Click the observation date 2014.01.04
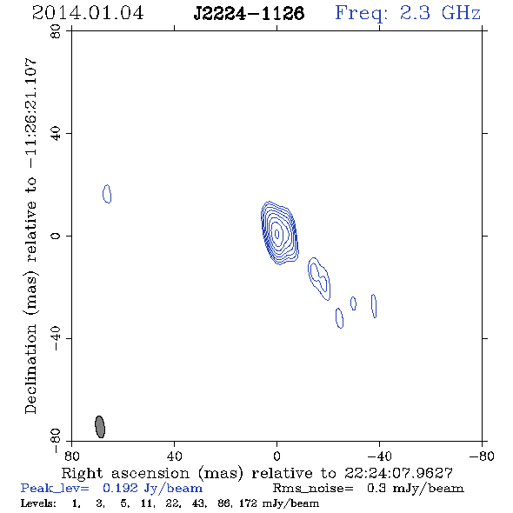[x=88, y=13]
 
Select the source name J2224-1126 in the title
[x=249, y=13]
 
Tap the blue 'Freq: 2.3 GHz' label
[x=408, y=13]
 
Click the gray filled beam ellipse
[x=100, y=427]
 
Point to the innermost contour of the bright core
[x=277, y=234]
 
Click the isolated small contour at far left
[x=107, y=194]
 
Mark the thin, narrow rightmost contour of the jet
[x=374, y=306]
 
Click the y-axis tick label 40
[x=56, y=134]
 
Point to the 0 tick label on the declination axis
[x=56, y=236]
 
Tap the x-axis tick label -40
[x=379, y=456]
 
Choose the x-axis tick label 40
[x=174, y=456]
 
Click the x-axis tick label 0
[x=276, y=456]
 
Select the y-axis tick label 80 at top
[x=56, y=31]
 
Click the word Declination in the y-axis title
[x=30, y=369]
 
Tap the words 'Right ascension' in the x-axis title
[x=125, y=473]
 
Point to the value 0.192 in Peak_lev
[x=120, y=488]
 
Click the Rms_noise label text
[x=313, y=489]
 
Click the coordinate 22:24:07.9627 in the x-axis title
[x=398, y=473]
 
